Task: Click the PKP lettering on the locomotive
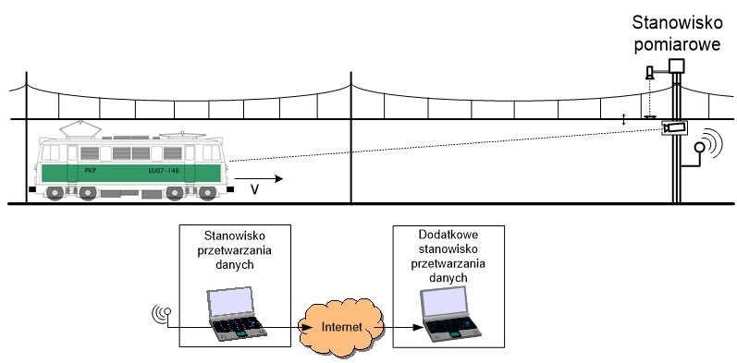point(91,171)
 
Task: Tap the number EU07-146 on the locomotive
point(164,171)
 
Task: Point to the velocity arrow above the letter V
point(259,178)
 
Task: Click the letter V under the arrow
point(254,189)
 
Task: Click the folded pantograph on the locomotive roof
point(180,135)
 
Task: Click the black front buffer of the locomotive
point(230,189)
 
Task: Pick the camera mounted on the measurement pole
point(675,127)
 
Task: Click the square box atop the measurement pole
point(676,66)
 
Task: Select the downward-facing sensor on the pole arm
point(649,73)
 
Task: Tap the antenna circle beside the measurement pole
point(699,148)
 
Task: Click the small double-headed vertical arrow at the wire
point(624,120)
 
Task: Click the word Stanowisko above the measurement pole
point(676,22)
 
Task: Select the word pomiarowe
point(677,44)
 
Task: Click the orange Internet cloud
point(342,326)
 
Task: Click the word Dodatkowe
point(448,235)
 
